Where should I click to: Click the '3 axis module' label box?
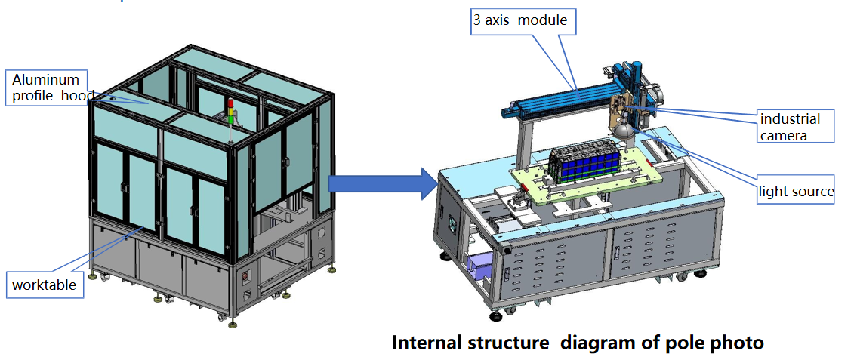520,21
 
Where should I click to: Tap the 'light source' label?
796,192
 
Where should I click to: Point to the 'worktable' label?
44,285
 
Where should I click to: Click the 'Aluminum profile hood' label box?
47,88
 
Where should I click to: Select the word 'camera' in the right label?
784,135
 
